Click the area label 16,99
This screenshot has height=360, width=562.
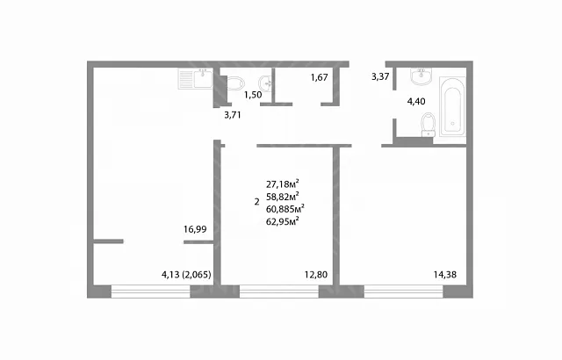tap(195, 229)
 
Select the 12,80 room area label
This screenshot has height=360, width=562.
tap(316, 275)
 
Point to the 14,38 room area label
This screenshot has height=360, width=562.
tap(445, 275)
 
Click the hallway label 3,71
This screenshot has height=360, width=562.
tap(232, 115)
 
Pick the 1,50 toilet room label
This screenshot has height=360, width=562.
tap(253, 95)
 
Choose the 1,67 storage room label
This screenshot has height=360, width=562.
tap(320, 77)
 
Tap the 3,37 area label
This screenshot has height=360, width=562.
tap(380, 76)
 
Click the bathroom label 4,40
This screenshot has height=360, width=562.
tap(416, 101)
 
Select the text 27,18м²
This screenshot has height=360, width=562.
tap(283, 184)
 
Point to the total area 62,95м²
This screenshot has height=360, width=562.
tap(283, 221)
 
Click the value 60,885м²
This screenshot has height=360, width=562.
tap(285, 208)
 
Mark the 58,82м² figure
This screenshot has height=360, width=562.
tap(283, 196)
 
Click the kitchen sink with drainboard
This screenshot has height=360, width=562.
tap(195, 79)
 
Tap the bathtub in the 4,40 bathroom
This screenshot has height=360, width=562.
tap(453, 106)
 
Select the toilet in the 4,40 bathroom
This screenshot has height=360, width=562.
tap(428, 125)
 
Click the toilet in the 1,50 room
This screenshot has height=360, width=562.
tap(235, 83)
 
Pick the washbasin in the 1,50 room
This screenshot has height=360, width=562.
tap(265, 83)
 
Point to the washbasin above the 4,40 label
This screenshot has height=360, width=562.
tap(421, 76)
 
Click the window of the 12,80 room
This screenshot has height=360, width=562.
tap(279, 292)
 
